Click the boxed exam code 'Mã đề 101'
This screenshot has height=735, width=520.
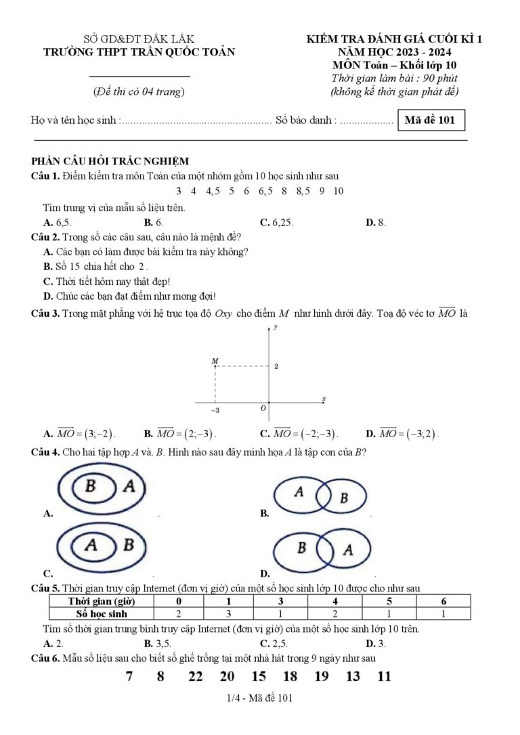point(431,120)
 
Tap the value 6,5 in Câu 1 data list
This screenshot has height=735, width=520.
point(265,191)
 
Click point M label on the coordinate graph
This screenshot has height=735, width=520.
point(215,362)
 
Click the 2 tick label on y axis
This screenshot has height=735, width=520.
point(276,366)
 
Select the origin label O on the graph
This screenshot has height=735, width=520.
point(263,409)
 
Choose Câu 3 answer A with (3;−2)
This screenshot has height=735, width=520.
point(79,434)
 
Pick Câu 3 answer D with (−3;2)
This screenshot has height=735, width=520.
point(402,434)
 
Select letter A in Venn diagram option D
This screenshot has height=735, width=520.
point(347,549)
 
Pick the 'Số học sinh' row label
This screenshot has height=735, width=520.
point(102,614)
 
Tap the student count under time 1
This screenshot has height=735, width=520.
point(229,614)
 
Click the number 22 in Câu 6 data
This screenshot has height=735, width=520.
point(196,676)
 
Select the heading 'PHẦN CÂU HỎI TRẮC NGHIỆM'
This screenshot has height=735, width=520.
point(110,160)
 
